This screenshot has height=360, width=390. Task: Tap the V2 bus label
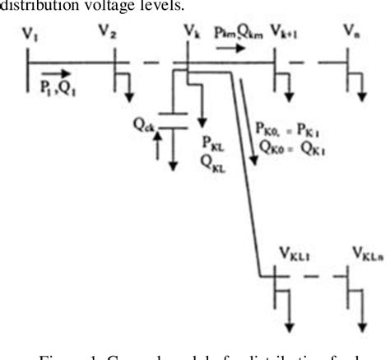(x=107, y=32)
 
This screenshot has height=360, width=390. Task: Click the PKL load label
(x=211, y=140)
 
